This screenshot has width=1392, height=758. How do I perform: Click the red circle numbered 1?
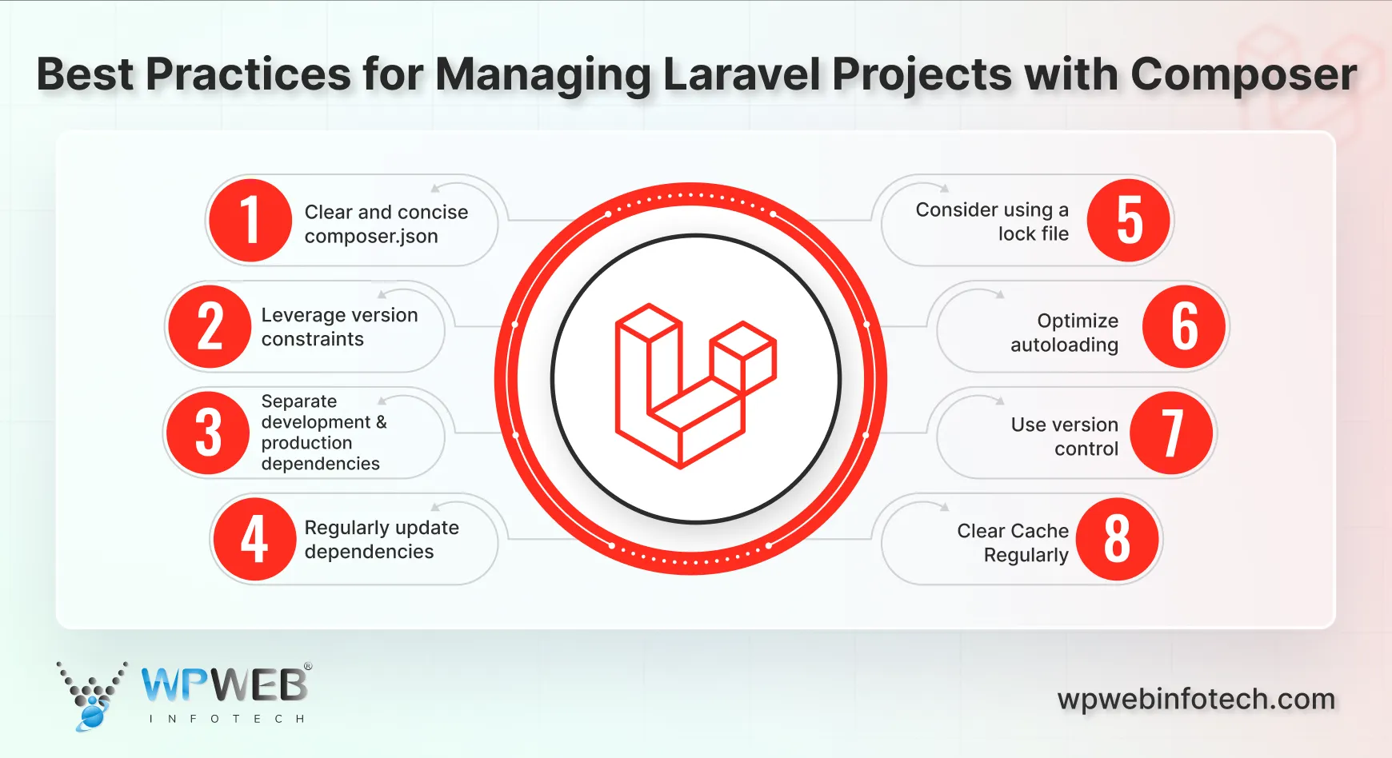250,221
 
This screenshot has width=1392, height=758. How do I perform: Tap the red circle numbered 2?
210,326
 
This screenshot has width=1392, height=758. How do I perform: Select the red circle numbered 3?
208,433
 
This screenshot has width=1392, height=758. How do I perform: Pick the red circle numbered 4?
254,539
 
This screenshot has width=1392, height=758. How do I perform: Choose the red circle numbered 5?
1129,221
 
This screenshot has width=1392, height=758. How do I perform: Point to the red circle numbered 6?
1184,326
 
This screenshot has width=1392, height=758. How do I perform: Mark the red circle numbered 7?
1172,433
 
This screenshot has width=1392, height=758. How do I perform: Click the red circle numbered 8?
1117,539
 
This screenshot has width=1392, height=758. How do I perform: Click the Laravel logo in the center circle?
694,384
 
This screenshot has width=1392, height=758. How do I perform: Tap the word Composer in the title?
1243,74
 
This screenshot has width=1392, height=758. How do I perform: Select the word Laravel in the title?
742,74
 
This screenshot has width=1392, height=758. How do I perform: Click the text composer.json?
371,237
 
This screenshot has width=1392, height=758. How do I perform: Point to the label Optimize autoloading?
1064,333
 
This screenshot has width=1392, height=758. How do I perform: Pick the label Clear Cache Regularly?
1013,543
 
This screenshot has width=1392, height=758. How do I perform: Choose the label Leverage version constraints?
339,327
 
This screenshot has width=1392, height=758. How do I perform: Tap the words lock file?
1033,234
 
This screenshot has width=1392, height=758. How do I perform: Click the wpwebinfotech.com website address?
1196,699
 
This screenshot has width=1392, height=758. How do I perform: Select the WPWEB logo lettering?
225,685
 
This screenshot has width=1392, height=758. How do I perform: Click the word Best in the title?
85,74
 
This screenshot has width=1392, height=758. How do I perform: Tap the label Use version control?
1064,437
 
